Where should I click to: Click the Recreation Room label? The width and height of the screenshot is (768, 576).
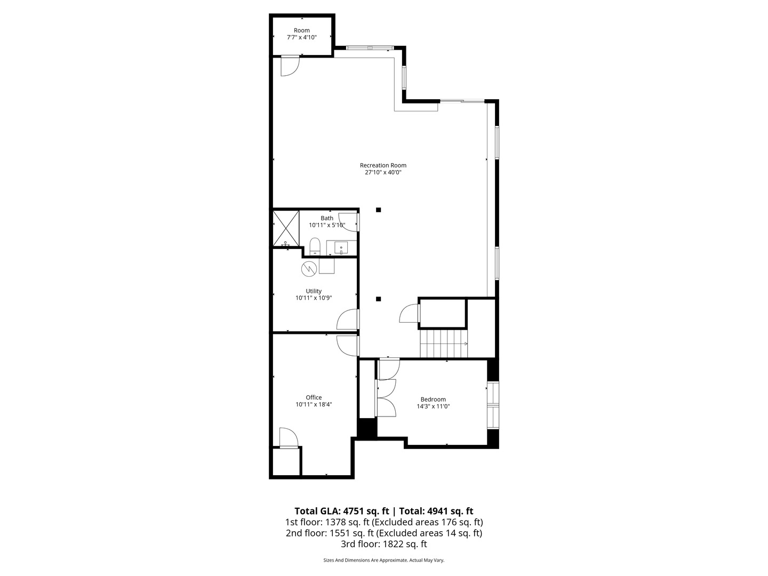pyautogui.click(x=383, y=165)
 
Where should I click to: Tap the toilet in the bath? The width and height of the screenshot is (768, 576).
pyautogui.click(x=315, y=247)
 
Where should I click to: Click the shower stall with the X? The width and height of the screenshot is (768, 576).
pyautogui.click(x=286, y=228)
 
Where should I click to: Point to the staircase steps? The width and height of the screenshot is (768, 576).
pyautogui.click(x=444, y=344)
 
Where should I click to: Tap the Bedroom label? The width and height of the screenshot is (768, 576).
pyautogui.click(x=433, y=399)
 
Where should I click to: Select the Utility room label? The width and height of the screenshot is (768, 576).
pyautogui.click(x=314, y=291)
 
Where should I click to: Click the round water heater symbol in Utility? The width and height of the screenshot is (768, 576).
pyautogui.click(x=309, y=269)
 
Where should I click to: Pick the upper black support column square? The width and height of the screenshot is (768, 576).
pyautogui.click(x=378, y=210)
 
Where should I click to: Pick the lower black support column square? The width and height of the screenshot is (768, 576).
pyautogui.click(x=378, y=299)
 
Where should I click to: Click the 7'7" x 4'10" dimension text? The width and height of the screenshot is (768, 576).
pyautogui.click(x=302, y=37)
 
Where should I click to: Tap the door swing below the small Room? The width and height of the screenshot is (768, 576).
pyautogui.click(x=290, y=66)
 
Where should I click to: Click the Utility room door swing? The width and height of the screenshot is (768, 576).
pyautogui.click(x=347, y=319)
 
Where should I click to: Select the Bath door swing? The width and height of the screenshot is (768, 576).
pyautogui.click(x=348, y=222)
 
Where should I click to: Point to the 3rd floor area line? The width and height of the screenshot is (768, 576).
pyautogui.click(x=384, y=544)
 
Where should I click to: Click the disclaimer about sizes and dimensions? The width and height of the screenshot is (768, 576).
pyautogui.click(x=384, y=560)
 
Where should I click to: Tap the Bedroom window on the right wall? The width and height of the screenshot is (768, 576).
pyautogui.click(x=493, y=405)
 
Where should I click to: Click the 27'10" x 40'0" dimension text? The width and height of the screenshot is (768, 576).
pyautogui.click(x=383, y=172)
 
